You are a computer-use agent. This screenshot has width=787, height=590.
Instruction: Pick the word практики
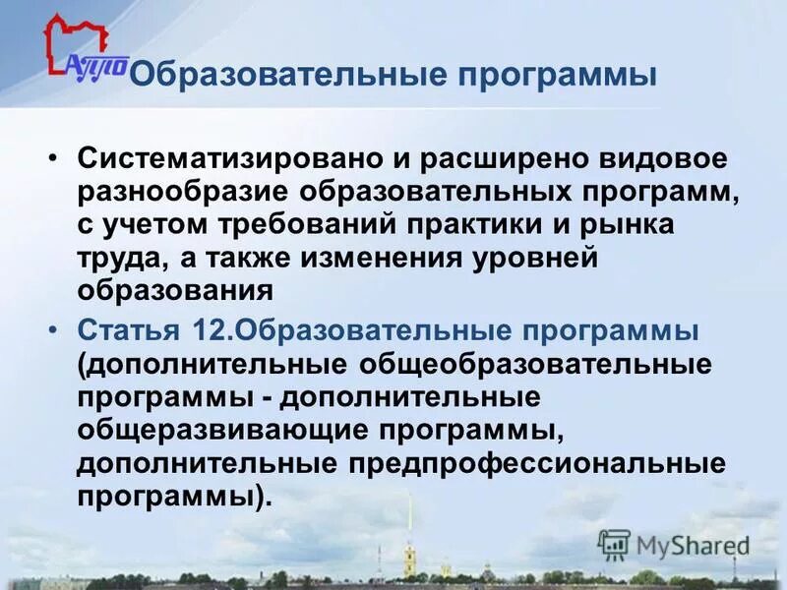point(473,225)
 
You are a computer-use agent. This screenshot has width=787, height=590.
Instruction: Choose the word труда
point(115,258)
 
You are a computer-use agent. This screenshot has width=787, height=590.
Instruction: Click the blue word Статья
point(128,327)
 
